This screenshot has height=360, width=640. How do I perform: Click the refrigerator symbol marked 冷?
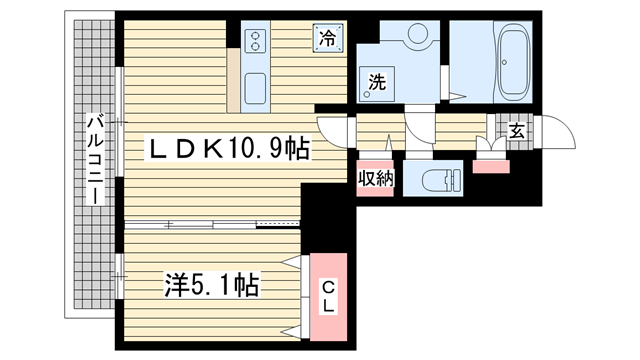(328, 38)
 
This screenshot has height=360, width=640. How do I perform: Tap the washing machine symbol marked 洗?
(376, 84)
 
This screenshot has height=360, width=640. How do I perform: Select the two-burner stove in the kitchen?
(255, 41)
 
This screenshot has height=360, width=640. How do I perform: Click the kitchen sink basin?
(255, 88)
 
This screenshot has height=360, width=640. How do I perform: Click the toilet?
(441, 179)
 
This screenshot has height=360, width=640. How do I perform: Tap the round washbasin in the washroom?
(418, 33)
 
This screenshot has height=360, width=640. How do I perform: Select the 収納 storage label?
(376, 178)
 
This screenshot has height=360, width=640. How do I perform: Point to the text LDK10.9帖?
(229, 148)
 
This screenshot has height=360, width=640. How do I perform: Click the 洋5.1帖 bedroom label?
(212, 285)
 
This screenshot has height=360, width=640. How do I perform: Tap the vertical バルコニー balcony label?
(96, 160)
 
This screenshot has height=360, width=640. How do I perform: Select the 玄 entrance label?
(517, 131)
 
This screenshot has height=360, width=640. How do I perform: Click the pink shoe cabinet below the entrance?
(491, 167)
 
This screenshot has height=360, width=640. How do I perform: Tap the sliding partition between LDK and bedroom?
(212, 224)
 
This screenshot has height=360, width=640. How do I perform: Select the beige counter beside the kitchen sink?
(233, 80)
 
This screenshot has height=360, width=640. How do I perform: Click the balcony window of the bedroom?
(119, 276)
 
